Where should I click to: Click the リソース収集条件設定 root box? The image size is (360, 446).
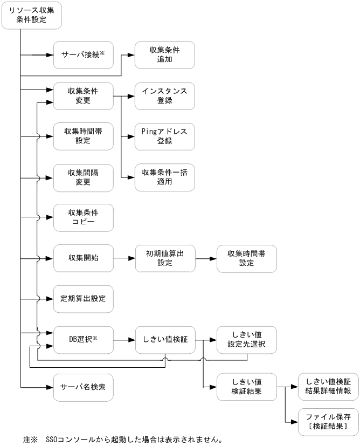pyautogui.click(x=31, y=15)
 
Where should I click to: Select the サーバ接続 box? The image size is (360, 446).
pyautogui.click(x=83, y=55)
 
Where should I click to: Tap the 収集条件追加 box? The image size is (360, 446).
pyautogui.click(x=164, y=55)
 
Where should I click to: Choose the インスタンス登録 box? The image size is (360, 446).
pyautogui.click(x=164, y=96)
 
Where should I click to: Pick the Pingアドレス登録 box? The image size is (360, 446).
pyautogui.click(x=164, y=136)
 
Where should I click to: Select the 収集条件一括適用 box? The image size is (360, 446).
pyautogui.click(x=164, y=177)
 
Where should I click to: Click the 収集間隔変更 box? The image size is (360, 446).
pyautogui.click(x=83, y=177)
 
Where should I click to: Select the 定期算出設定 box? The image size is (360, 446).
pyautogui.click(x=83, y=298)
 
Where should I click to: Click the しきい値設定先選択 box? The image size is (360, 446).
pyautogui.click(x=246, y=340)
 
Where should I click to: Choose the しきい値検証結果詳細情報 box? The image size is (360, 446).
pyautogui.click(x=328, y=386)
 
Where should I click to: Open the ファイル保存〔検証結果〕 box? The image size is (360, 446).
pyautogui.click(x=328, y=421)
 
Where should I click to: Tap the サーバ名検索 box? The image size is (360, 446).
pyautogui.click(x=83, y=387)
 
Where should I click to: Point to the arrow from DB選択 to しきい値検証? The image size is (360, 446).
pyautogui.click(x=124, y=340)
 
